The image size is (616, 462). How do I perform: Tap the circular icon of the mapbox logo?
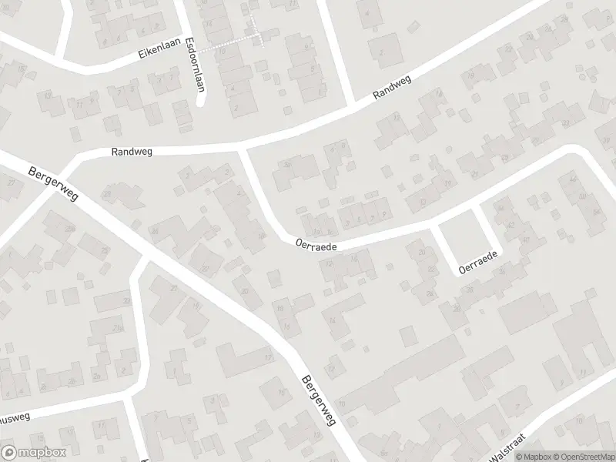point(8,453)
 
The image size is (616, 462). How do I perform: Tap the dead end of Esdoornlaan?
point(200,103)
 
